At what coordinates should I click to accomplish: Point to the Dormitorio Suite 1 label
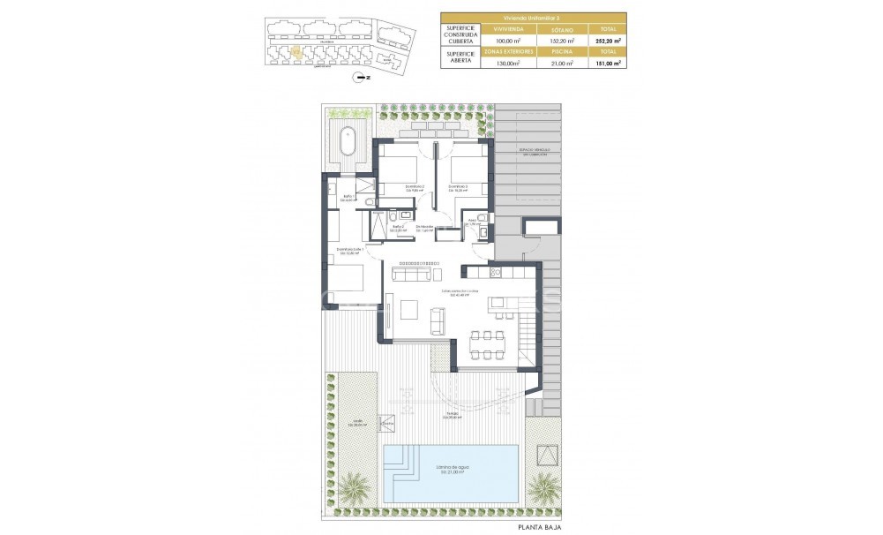tap(350, 251)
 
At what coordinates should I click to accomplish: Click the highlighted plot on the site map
tap(297, 52)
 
